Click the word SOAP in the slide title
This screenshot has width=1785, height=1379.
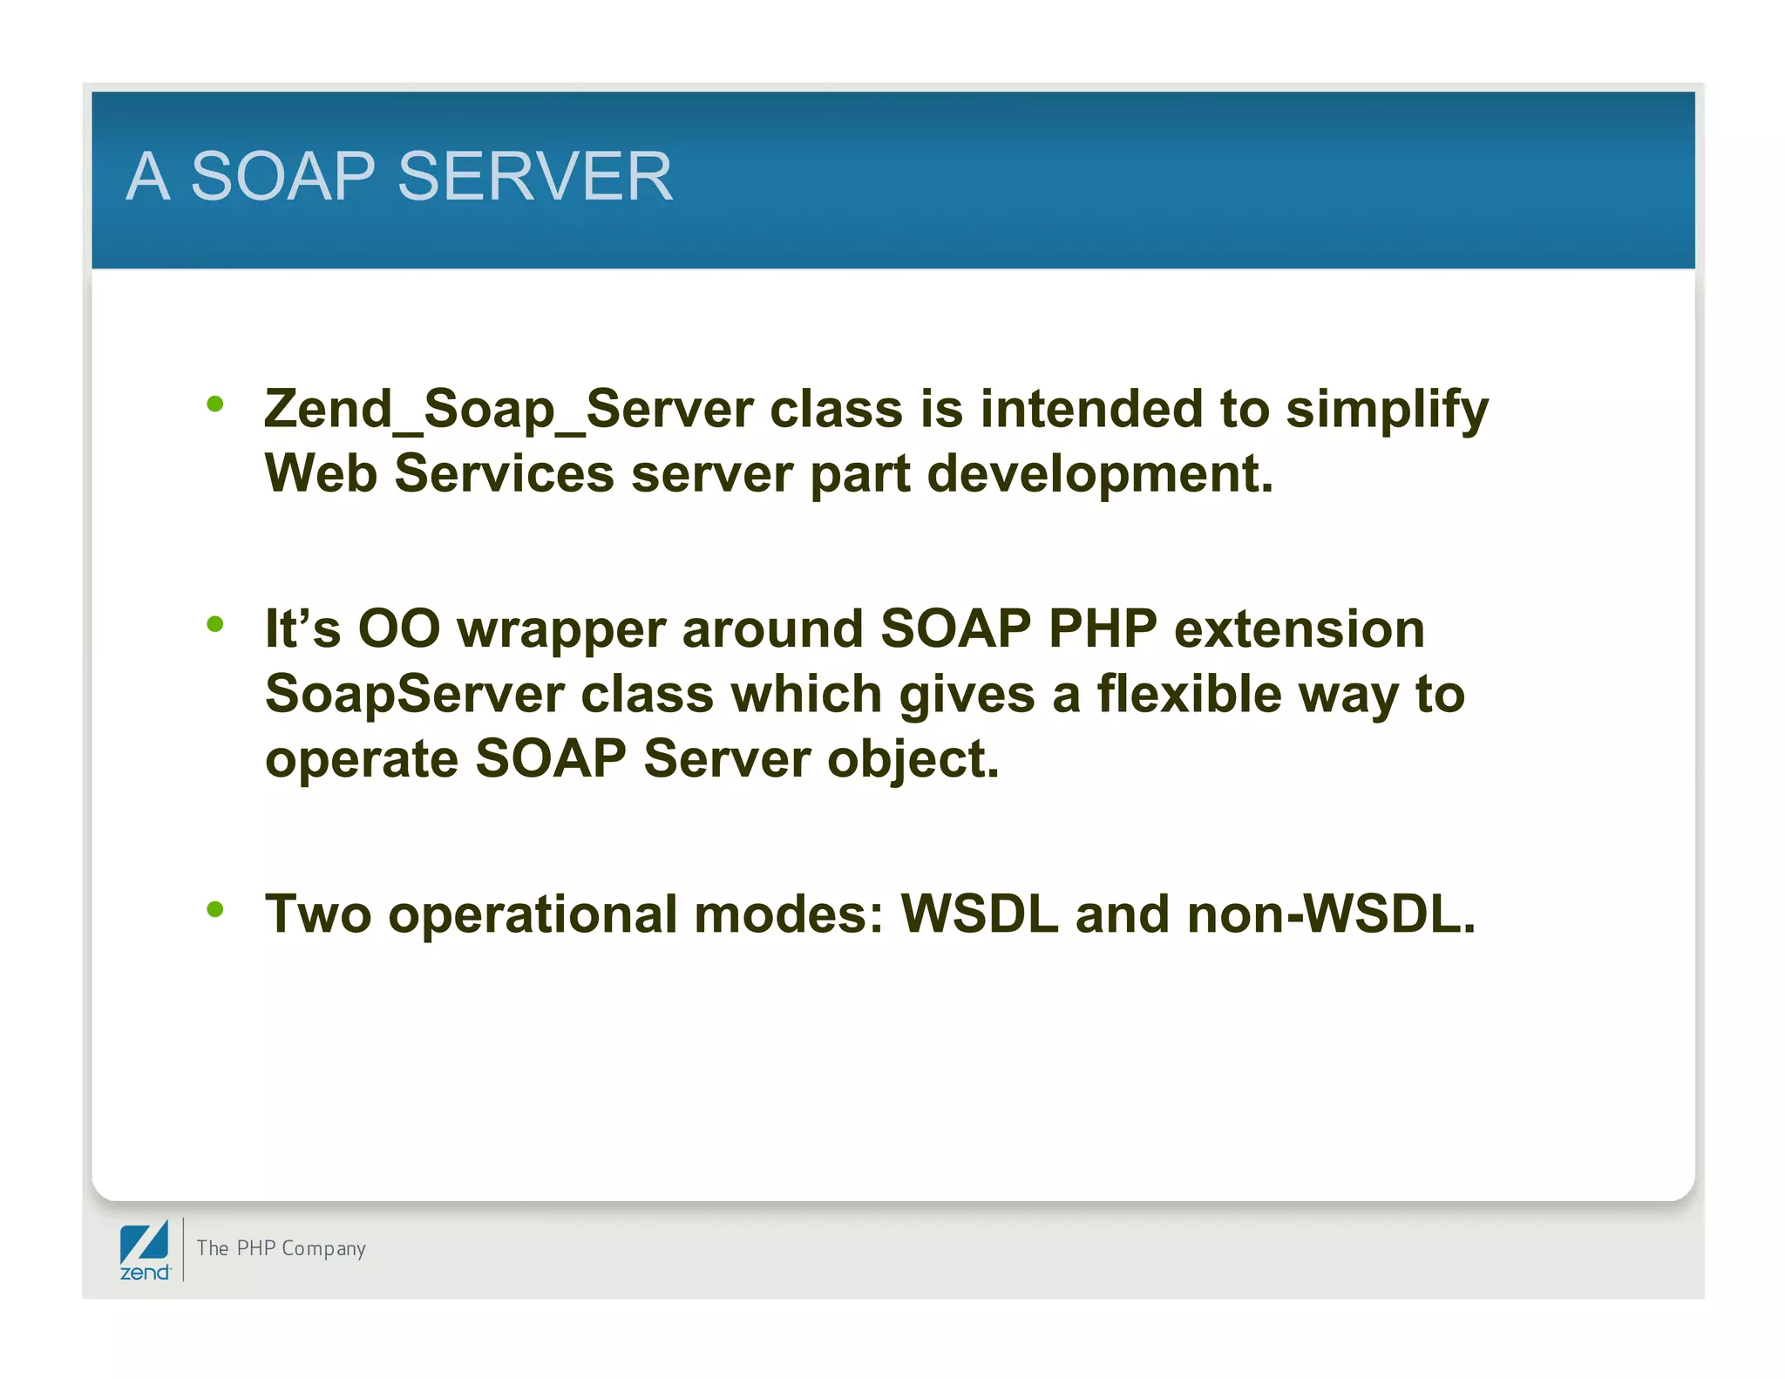282,177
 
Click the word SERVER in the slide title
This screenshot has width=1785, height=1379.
534,177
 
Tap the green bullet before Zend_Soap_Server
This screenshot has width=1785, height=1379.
215,404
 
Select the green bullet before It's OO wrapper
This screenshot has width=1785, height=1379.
215,624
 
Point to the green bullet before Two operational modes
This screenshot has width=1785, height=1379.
215,909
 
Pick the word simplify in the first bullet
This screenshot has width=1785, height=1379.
1387,411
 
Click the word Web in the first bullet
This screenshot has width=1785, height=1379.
321,474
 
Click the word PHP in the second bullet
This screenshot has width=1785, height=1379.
1103,628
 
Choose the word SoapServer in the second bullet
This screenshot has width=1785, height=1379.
415,695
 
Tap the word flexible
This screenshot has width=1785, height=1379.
1189,695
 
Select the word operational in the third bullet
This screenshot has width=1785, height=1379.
533,915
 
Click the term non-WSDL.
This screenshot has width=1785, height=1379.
1331,914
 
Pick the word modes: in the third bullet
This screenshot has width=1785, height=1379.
789,914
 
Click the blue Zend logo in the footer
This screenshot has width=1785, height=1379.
145,1249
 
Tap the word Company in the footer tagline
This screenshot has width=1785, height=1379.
323,1249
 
